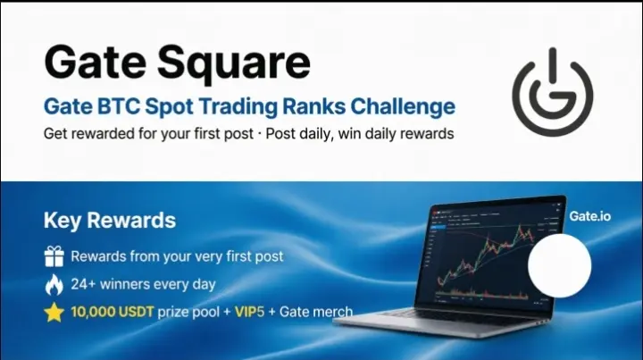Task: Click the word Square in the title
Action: click(234, 63)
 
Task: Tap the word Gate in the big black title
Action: click(96, 63)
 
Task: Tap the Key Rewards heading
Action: click(110, 221)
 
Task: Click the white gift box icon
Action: click(54, 256)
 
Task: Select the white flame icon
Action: click(54, 285)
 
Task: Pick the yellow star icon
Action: click(54, 313)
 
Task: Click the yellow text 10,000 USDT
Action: click(113, 312)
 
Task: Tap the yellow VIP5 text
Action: click(249, 312)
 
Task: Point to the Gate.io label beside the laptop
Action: click(590, 216)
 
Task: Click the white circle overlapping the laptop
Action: click(560, 265)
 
